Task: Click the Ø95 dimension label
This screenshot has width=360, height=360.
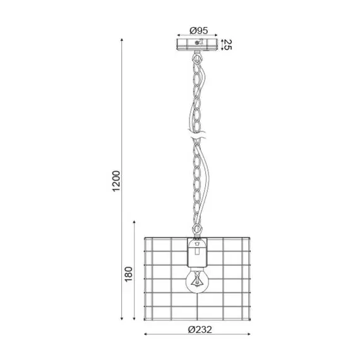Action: tap(198, 30)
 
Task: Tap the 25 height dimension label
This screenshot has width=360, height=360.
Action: tap(228, 45)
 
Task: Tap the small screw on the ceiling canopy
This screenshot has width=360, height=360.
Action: tap(198, 42)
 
